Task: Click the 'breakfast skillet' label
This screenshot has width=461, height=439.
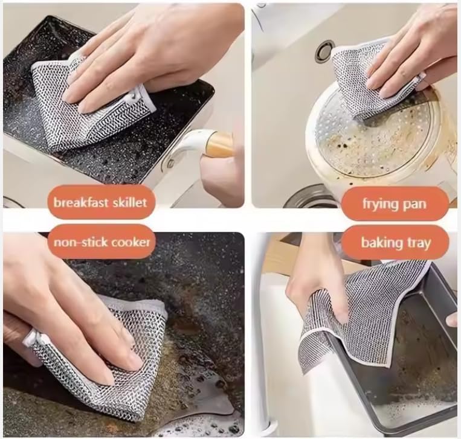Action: (100, 202)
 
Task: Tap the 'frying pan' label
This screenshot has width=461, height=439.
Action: (395, 203)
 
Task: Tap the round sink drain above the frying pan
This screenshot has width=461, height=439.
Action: (324, 51)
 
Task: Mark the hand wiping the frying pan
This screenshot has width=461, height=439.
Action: (417, 54)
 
